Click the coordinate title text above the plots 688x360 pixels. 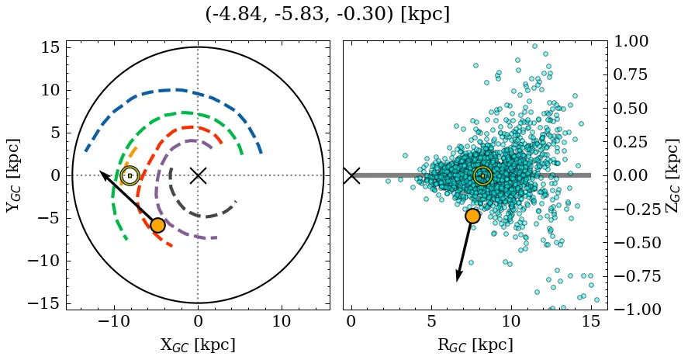coord(327,15)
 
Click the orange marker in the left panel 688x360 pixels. coord(157,225)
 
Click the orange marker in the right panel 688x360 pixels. coord(472,216)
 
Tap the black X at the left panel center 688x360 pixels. coord(198,175)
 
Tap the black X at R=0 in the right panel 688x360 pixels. coord(351,175)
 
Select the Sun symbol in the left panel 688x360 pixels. coord(130,175)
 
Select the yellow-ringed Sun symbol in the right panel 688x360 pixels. coord(482,175)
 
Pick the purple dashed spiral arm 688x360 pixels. coord(159,194)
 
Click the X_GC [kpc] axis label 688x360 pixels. coord(198,345)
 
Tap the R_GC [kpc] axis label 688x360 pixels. coord(475,345)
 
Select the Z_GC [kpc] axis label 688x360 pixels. coord(673,175)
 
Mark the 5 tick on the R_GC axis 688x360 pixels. coord(431,320)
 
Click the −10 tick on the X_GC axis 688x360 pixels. coord(115,320)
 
